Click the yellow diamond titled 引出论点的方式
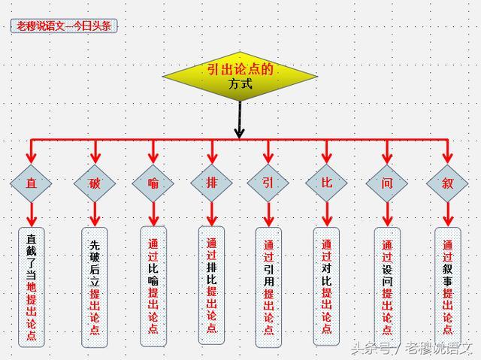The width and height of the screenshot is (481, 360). (239, 77)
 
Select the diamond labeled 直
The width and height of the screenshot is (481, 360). (31, 183)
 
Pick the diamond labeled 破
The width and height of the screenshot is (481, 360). (95, 183)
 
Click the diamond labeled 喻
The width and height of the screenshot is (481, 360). (153, 183)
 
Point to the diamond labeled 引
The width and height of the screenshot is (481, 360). (268, 183)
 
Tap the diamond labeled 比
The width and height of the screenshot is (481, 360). (327, 183)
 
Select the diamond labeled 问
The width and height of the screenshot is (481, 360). (387, 183)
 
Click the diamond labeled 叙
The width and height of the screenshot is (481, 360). (448, 183)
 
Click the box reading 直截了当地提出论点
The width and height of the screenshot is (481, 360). (31, 286)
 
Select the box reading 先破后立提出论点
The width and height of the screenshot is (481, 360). (95, 286)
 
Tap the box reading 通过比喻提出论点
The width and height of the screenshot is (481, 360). (153, 286)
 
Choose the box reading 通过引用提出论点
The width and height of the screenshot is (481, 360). (268, 286)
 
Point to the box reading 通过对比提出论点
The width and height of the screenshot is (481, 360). (327, 286)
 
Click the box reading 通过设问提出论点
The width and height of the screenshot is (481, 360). (387, 286)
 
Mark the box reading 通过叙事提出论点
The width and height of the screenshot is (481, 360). (448, 286)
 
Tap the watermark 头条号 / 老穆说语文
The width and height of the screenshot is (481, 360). (410, 348)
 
